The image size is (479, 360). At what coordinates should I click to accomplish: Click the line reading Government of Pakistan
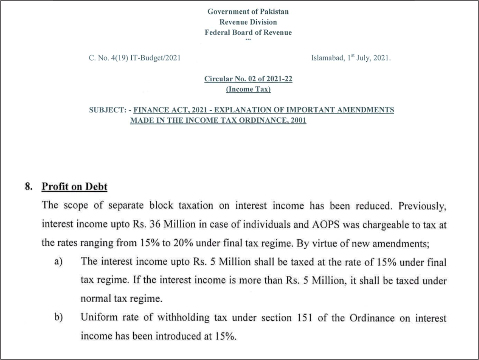(x=248, y=12)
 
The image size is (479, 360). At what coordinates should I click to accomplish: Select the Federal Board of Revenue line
(x=248, y=33)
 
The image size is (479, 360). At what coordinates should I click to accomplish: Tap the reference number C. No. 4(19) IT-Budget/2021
(x=134, y=58)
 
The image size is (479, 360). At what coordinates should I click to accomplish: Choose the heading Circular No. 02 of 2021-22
(x=248, y=79)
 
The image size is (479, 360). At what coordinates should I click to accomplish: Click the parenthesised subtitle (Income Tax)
(x=248, y=89)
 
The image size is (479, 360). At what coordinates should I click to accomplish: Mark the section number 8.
(x=28, y=186)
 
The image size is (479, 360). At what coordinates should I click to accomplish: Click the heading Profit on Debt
(x=75, y=186)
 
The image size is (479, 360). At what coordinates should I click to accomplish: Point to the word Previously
(x=422, y=206)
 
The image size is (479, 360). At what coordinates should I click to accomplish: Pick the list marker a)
(x=58, y=262)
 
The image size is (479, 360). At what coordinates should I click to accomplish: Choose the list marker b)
(x=58, y=318)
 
